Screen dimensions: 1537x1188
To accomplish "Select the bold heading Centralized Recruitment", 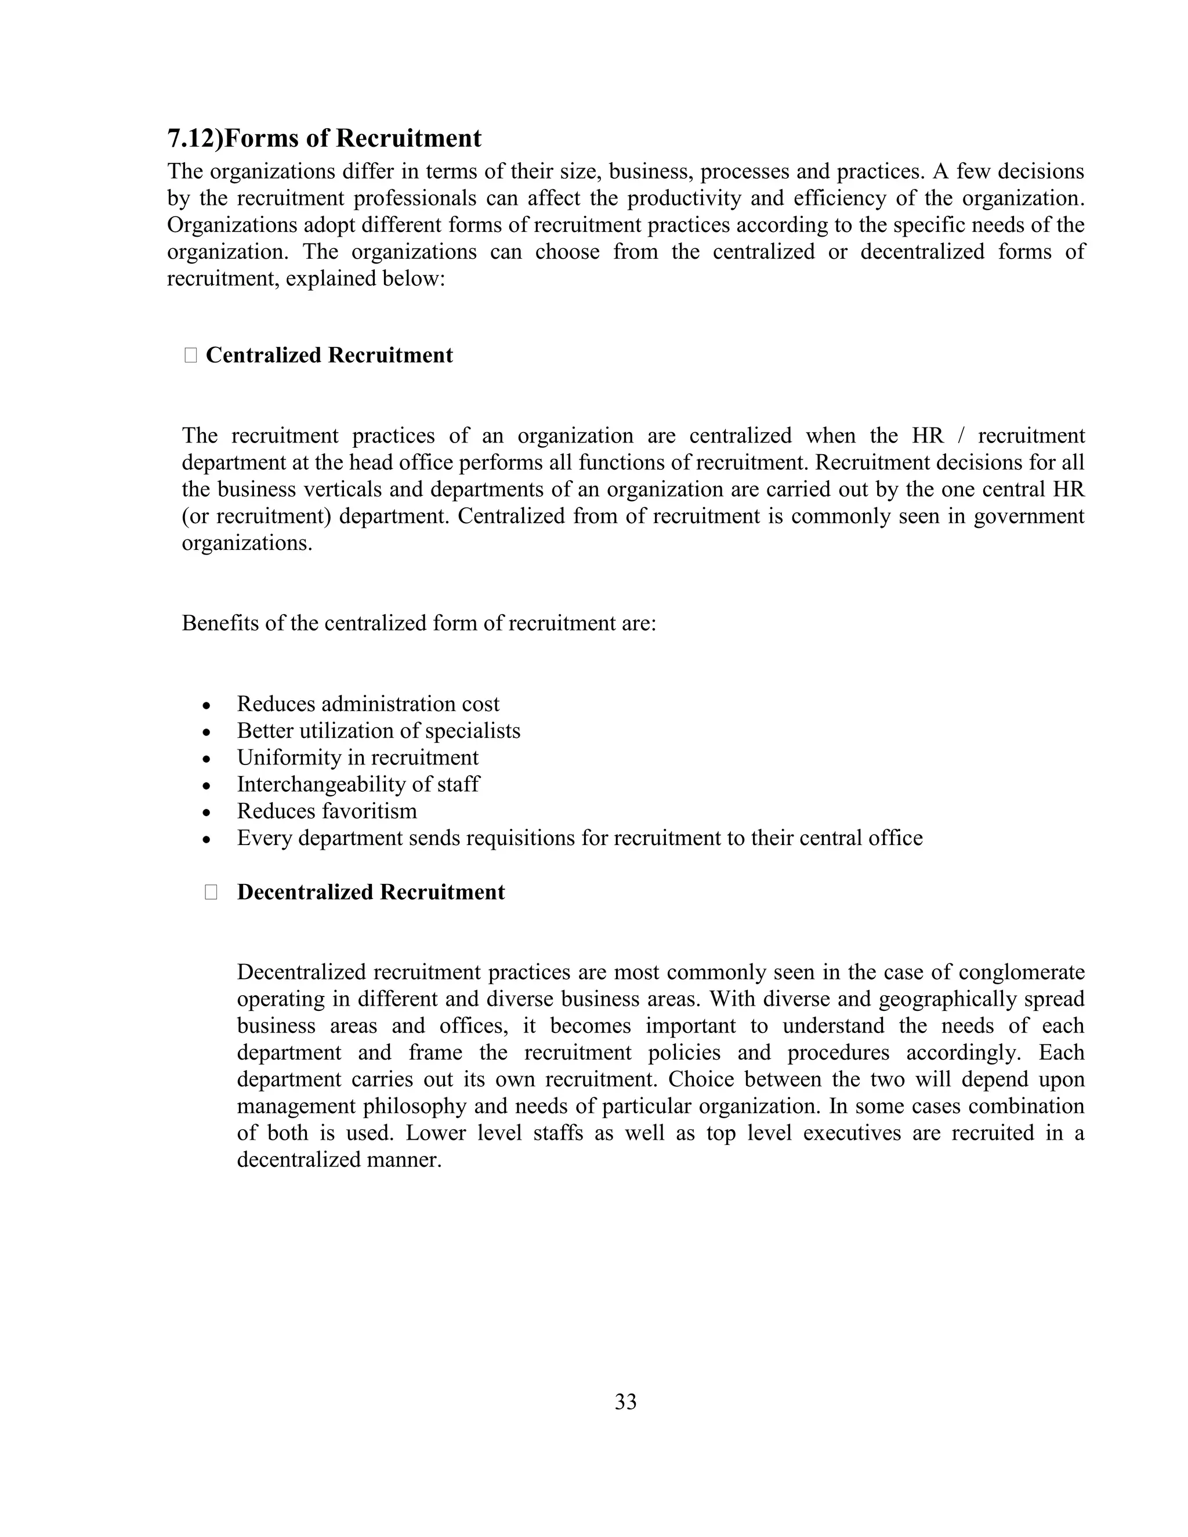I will (x=329, y=356).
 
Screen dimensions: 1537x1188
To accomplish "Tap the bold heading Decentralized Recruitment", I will (x=370, y=893).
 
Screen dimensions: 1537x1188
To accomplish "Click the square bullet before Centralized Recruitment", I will (x=190, y=356).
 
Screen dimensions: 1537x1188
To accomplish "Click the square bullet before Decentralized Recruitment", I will (x=211, y=893).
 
